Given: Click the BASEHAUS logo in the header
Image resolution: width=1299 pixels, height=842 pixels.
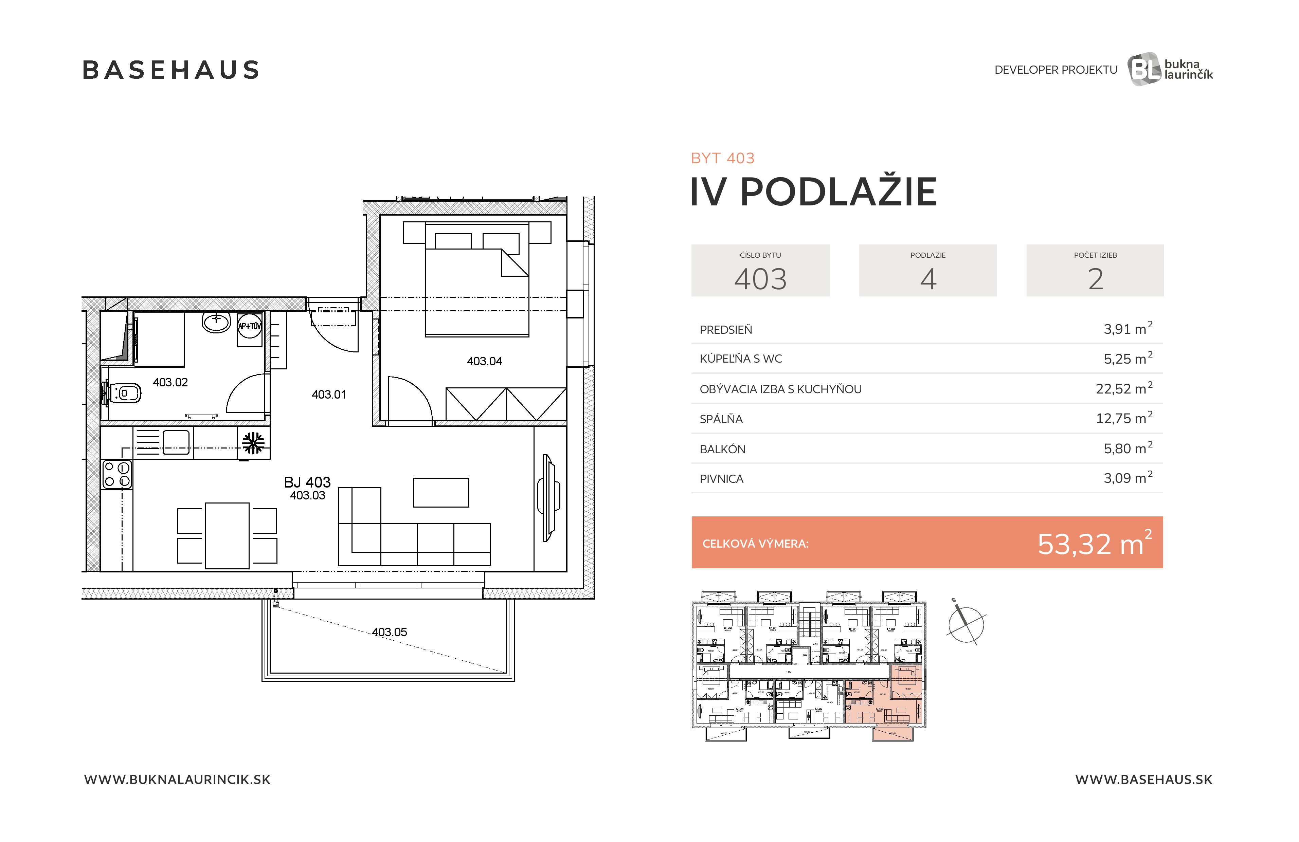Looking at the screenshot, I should [x=171, y=70].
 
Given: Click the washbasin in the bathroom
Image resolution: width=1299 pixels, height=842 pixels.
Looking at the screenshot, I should [x=216, y=322].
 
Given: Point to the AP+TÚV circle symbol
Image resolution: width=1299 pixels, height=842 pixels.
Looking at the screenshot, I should [x=249, y=326].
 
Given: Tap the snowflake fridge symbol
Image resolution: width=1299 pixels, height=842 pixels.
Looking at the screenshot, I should [x=253, y=443].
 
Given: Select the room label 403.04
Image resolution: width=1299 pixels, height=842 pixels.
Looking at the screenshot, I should [x=484, y=361].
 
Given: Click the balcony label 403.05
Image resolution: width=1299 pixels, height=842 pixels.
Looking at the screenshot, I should [x=389, y=632].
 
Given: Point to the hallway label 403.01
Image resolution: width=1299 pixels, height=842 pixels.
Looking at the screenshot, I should [x=329, y=395].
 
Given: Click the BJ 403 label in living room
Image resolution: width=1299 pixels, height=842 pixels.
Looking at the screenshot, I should [x=307, y=482].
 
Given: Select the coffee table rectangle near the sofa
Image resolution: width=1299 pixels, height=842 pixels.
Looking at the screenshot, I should [x=441, y=492].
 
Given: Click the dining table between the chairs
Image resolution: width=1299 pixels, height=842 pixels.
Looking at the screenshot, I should [x=227, y=536].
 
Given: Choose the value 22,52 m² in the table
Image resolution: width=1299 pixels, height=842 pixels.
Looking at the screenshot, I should [x=1123, y=388].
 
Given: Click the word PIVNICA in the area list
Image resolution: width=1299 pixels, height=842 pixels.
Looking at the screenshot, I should [x=722, y=479].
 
